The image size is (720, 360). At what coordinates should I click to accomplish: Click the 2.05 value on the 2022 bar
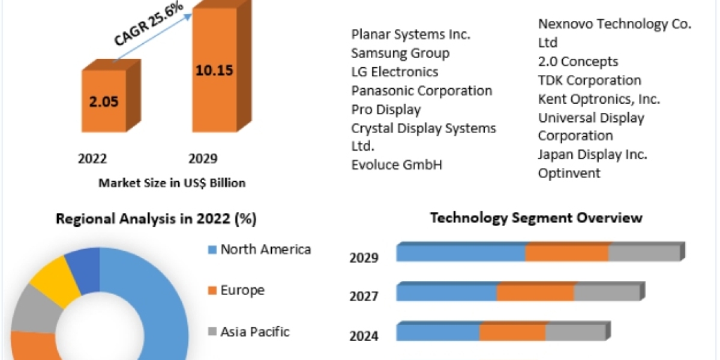coord(104,101)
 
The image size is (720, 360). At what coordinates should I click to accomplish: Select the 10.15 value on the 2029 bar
coord(214,70)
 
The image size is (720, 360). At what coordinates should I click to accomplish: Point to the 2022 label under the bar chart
coord(92,158)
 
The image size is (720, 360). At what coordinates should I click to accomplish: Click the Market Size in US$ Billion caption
coord(172,183)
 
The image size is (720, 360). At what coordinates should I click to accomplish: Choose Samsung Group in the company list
coord(400,53)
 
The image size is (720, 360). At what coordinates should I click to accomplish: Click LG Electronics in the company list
coord(395,72)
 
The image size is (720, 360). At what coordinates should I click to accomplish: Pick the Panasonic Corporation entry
coord(422,91)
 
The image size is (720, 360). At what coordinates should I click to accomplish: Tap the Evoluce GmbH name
coord(397,165)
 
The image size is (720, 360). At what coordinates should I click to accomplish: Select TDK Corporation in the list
coord(590,80)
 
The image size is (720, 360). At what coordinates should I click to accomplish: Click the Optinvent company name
coord(569,173)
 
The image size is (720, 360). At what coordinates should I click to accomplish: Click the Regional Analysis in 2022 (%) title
coord(156,219)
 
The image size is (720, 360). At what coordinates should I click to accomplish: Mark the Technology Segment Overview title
coord(536,218)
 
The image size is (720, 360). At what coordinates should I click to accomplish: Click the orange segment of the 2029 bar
coord(567,253)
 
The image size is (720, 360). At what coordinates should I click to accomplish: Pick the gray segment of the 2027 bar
coord(607,293)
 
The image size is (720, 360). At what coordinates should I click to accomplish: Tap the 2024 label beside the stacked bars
coord(364,335)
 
